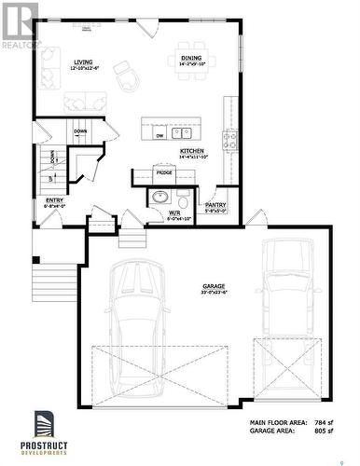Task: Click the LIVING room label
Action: (x=83, y=62)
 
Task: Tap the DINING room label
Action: (x=191, y=58)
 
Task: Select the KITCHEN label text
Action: (x=192, y=150)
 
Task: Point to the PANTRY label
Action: (x=215, y=204)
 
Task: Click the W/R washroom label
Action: (x=174, y=212)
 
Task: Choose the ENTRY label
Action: (x=54, y=200)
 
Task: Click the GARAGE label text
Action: (x=215, y=286)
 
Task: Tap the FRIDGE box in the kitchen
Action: (x=164, y=172)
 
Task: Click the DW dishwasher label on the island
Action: (x=159, y=135)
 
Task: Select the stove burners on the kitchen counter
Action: (x=228, y=140)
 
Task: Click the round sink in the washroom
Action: (x=160, y=197)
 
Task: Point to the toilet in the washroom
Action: (x=183, y=199)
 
